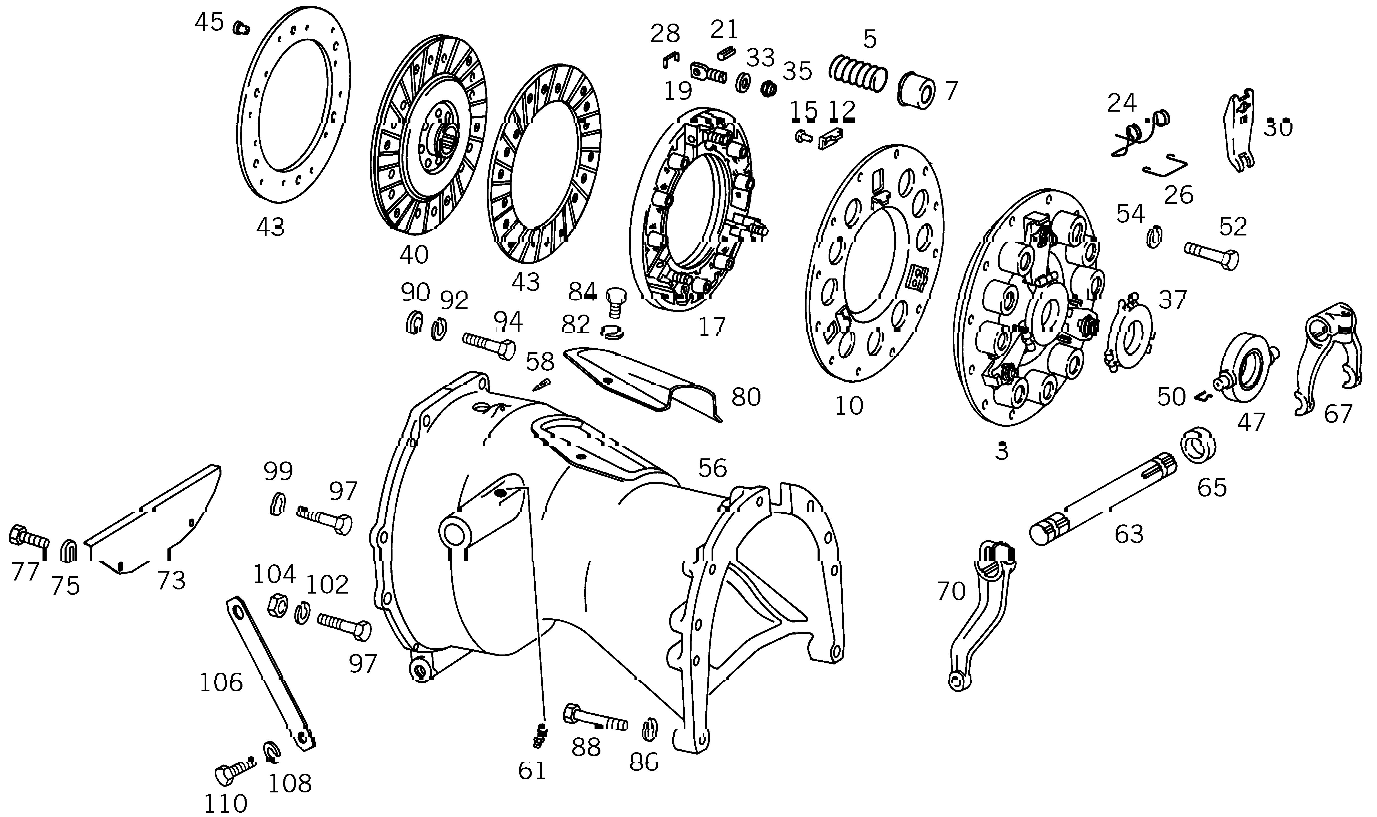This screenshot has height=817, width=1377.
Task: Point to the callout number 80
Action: [746, 396]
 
